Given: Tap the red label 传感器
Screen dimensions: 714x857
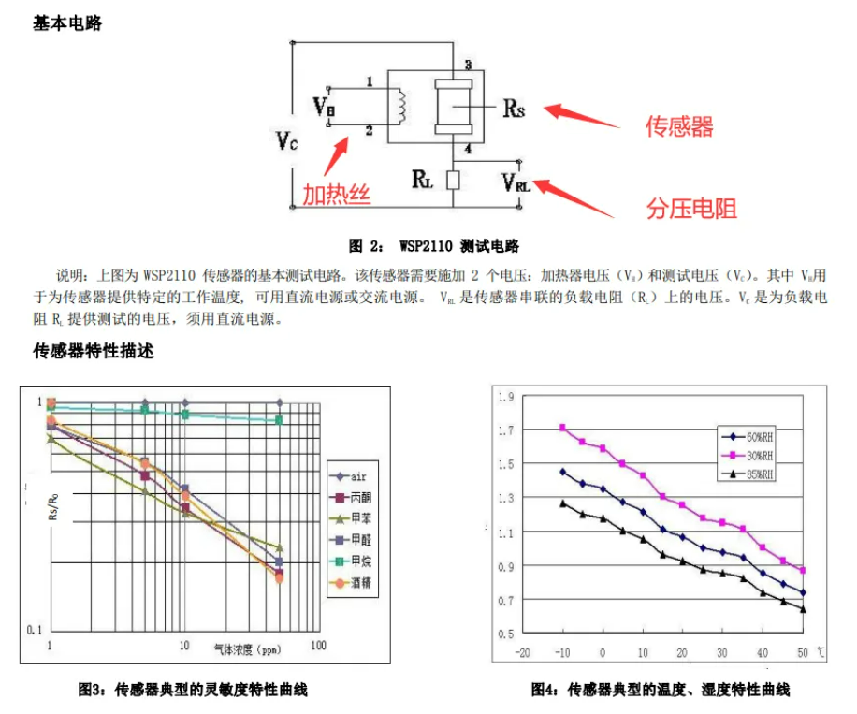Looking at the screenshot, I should pyautogui.click(x=679, y=126).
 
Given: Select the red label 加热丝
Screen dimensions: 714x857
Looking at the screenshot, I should pyautogui.click(x=336, y=195).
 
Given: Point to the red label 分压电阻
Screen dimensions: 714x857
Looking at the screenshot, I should pyautogui.click(x=691, y=208).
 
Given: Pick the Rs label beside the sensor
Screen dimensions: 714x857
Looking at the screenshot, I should pyautogui.click(x=514, y=109).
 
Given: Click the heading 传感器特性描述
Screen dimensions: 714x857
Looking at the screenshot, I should pyautogui.click(x=94, y=352).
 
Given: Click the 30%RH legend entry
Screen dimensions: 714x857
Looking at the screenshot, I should pyautogui.click(x=759, y=456).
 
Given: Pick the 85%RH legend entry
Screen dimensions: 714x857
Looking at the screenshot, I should pyautogui.click(x=759, y=475).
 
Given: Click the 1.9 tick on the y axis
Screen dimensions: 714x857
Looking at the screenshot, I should pyautogui.click(x=506, y=397).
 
